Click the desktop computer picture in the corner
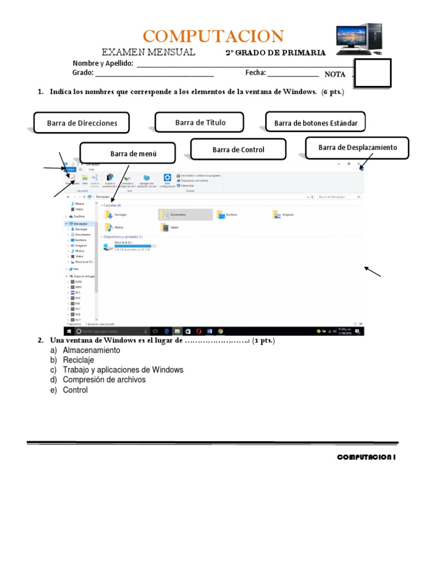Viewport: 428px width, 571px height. [x=359, y=39]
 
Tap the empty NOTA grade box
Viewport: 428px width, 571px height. [x=372, y=73]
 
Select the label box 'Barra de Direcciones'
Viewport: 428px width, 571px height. [x=81, y=123]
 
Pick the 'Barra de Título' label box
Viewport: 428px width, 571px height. [x=200, y=122]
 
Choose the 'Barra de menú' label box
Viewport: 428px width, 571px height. [x=128, y=153]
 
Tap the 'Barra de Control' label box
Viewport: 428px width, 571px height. [x=238, y=149]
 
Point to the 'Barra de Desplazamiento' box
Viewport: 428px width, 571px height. [x=357, y=148]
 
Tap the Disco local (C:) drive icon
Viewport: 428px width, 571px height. [x=108, y=246]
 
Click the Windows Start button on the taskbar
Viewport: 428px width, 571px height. [x=69, y=331]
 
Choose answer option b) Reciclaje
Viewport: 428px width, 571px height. [x=78, y=360]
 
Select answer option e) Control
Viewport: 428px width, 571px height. [x=75, y=390]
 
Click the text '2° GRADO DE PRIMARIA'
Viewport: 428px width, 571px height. [x=275, y=53]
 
